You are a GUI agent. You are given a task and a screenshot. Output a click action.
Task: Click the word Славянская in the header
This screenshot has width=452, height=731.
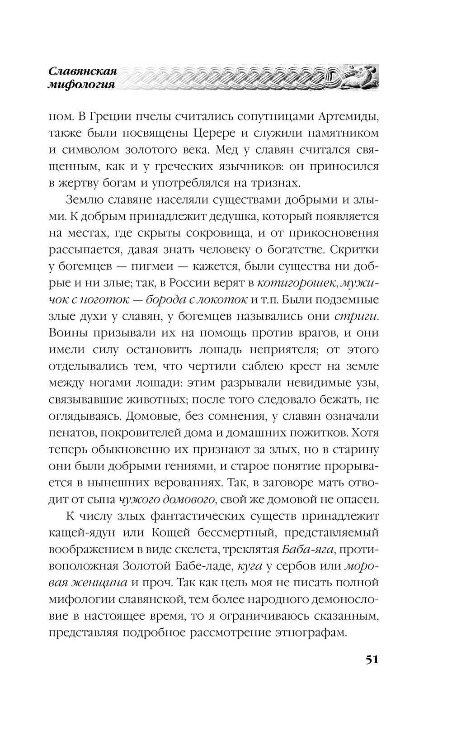click(83, 71)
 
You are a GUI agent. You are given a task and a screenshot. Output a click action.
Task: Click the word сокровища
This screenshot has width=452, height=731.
click(240, 233)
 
